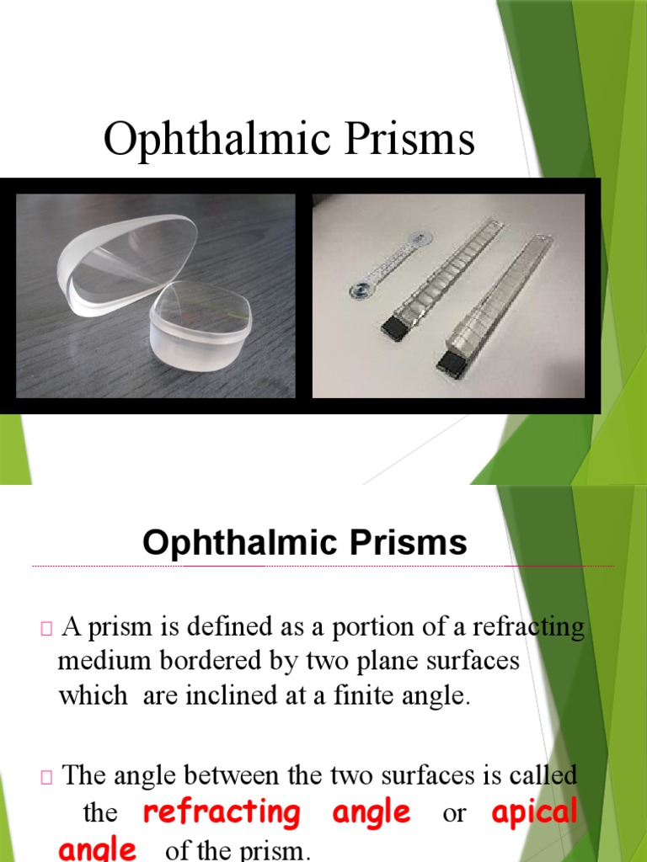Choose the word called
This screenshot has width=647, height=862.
pyautogui.click(x=546, y=774)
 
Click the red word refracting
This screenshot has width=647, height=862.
pyautogui.click(x=222, y=813)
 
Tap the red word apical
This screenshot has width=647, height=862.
pyautogui.click(x=534, y=813)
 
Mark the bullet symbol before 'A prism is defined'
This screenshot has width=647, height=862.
pyautogui.click(x=45, y=628)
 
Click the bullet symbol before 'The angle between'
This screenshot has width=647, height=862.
pyautogui.click(x=45, y=775)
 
